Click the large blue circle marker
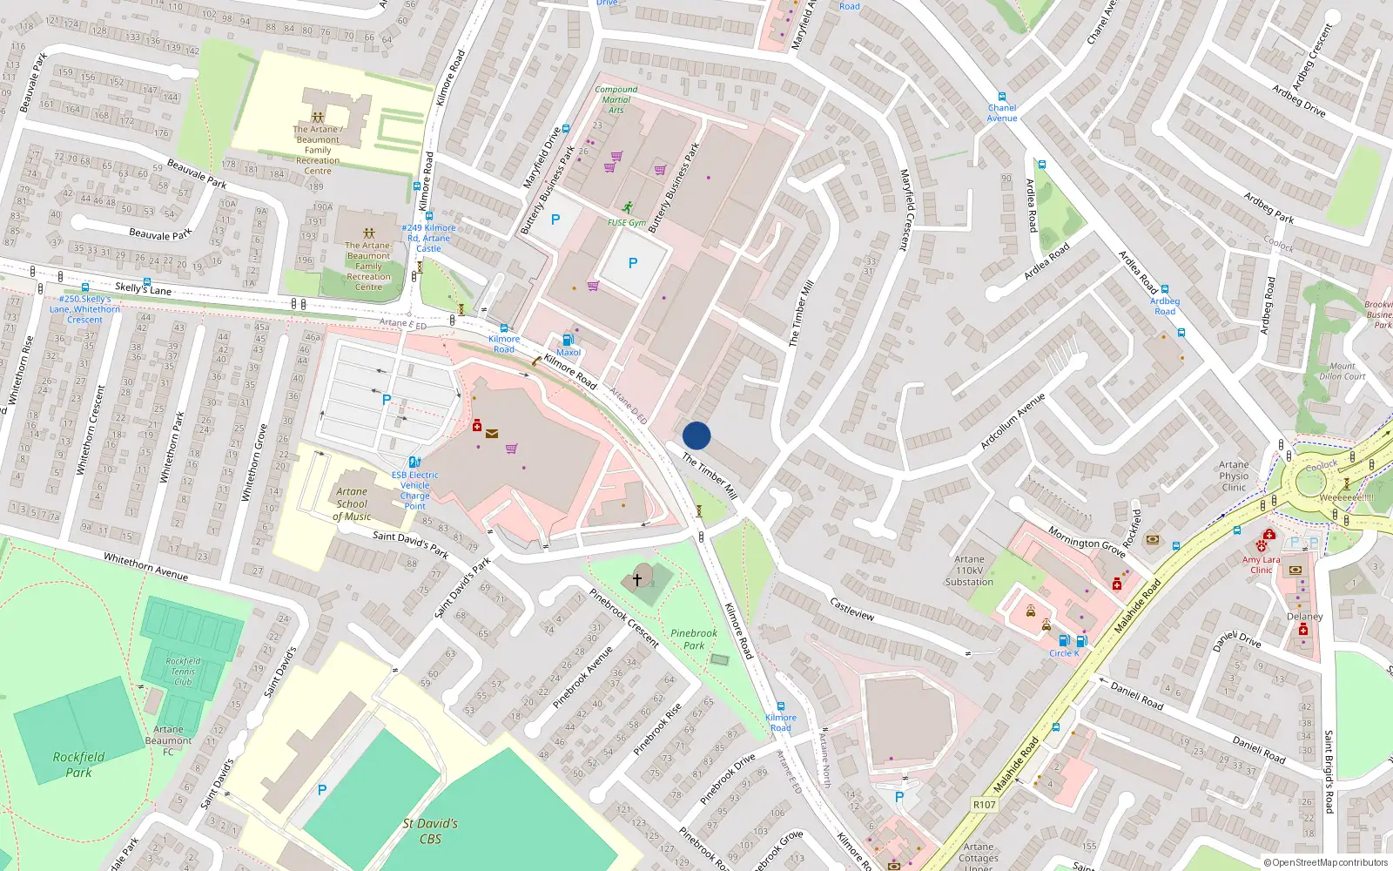pos(696,435)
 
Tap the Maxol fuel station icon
pos(569,341)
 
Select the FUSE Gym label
pos(627,223)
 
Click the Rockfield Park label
pos(78,765)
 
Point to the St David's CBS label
pos(430,831)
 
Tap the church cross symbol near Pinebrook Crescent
pos(637,579)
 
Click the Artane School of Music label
pos(352,504)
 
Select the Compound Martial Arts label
pos(616,99)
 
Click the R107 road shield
pos(985,805)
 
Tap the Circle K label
pos(1064,653)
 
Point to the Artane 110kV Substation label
pos(969,571)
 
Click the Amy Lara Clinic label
pos(1262,564)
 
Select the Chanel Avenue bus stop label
pos(1002,113)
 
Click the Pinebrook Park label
pos(694,639)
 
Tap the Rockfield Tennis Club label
pos(183,672)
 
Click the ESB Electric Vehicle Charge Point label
pos(415,490)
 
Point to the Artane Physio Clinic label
pos(1234,476)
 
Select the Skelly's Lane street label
pos(143,288)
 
